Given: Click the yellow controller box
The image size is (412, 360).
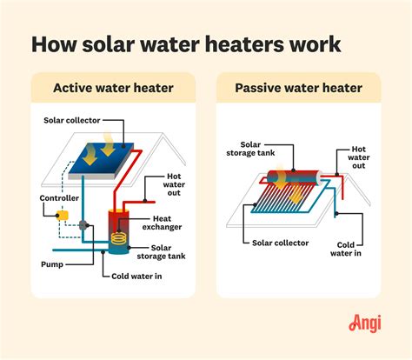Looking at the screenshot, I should (x=62, y=214).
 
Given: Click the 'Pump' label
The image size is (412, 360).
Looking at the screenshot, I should (x=52, y=261).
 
